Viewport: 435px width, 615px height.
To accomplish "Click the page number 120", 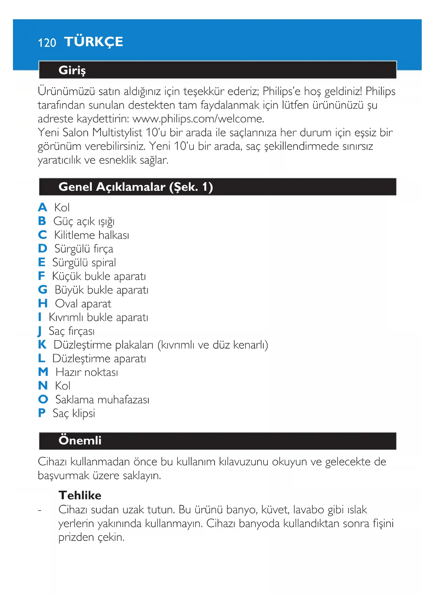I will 47,43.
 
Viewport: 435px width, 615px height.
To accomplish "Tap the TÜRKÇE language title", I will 94,42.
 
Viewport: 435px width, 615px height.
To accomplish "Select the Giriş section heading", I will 72,70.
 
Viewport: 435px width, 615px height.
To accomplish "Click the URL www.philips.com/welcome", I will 198,119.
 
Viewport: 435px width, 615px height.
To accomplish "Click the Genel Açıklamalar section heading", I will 136,187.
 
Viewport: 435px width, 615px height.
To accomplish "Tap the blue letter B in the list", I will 42,221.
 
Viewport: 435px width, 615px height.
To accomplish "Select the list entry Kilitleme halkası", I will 91,235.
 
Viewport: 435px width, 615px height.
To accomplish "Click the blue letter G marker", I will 42,290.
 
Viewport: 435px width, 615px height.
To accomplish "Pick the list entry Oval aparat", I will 83,304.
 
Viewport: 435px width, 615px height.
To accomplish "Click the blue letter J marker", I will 40,331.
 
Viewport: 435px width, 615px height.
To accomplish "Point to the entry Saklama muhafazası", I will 102,400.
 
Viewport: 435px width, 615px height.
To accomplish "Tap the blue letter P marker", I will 42,413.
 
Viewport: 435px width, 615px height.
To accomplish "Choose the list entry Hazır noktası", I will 87,372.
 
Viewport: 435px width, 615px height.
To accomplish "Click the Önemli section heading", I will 80,440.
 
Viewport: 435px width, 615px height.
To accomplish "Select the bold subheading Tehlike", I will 80,495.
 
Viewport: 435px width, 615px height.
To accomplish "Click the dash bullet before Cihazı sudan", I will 40,510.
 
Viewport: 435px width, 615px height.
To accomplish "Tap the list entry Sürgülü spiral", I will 84,263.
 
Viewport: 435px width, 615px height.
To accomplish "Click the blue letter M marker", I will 43,372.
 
